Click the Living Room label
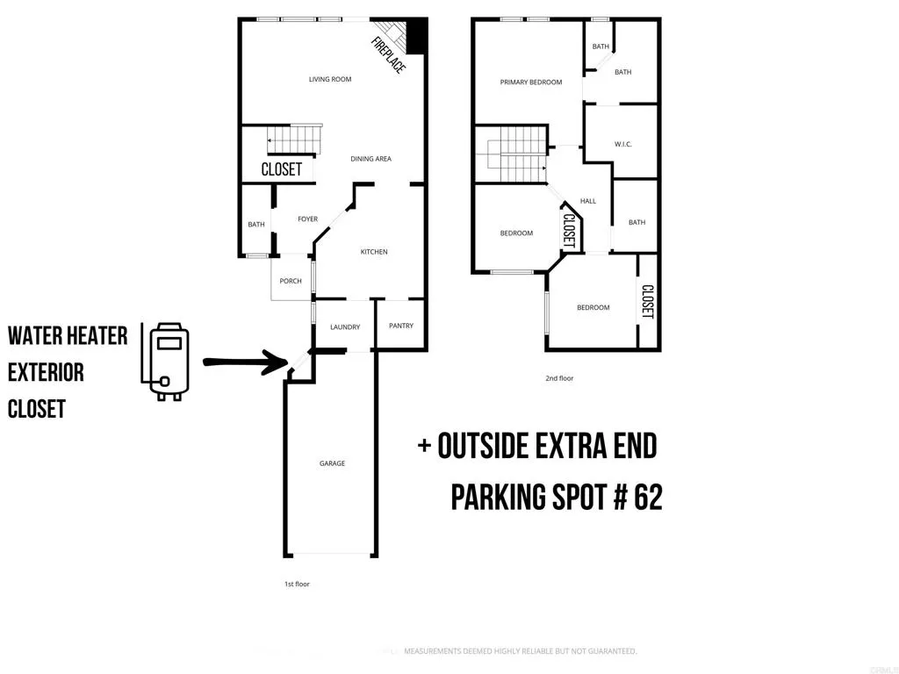point(330,80)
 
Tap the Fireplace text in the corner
point(387,55)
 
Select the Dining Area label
point(370,159)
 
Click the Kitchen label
point(374,252)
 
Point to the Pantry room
point(400,326)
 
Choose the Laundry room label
point(345,327)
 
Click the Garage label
point(332,463)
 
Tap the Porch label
point(291,282)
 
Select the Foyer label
point(307,219)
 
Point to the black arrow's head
point(283,362)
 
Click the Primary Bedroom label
point(531,82)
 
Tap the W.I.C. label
point(623,144)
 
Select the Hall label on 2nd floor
point(588,201)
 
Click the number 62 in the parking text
point(645,498)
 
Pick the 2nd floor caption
point(559,378)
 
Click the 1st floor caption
point(296,584)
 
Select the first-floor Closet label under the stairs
point(282,169)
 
